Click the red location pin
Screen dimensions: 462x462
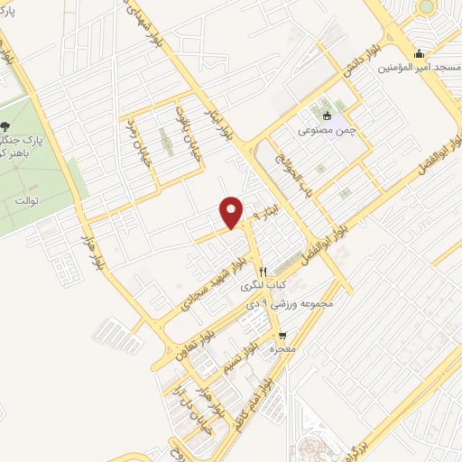(232, 211)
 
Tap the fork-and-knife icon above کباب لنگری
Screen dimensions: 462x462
(263, 271)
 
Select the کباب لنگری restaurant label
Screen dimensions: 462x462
(262, 285)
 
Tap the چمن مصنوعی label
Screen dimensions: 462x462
(326, 129)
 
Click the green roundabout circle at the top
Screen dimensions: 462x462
(425, 7)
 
